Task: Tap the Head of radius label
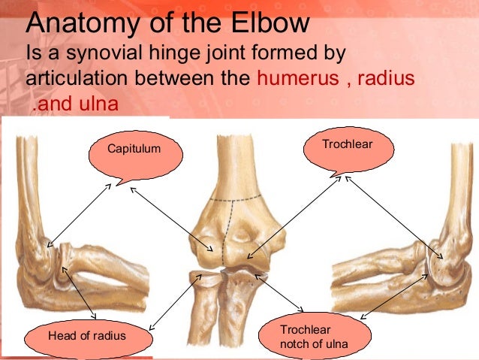click(x=87, y=335)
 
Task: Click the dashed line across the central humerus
click(x=236, y=200)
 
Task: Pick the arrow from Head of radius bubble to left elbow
click(x=83, y=293)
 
